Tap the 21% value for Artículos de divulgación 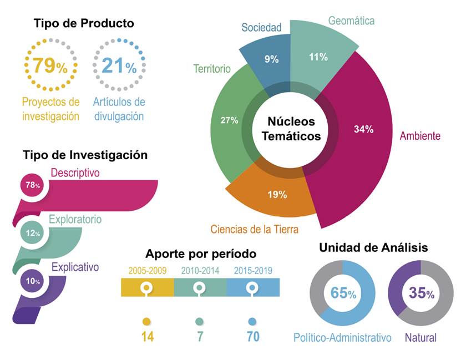point(119,65)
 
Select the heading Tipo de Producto point(84,23)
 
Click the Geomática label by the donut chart point(351,21)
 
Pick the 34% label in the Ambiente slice point(363,129)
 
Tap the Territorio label point(211,69)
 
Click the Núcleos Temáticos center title point(291,128)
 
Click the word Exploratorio point(75,219)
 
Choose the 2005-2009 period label point(146,271)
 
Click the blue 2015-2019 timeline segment point(252,288)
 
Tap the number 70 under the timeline point(252,336)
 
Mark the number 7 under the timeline point(199,336)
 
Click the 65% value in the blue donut point(343,293)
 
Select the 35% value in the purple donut point(421,293)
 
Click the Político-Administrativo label point(342,337)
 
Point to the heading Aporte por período point(201,254)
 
